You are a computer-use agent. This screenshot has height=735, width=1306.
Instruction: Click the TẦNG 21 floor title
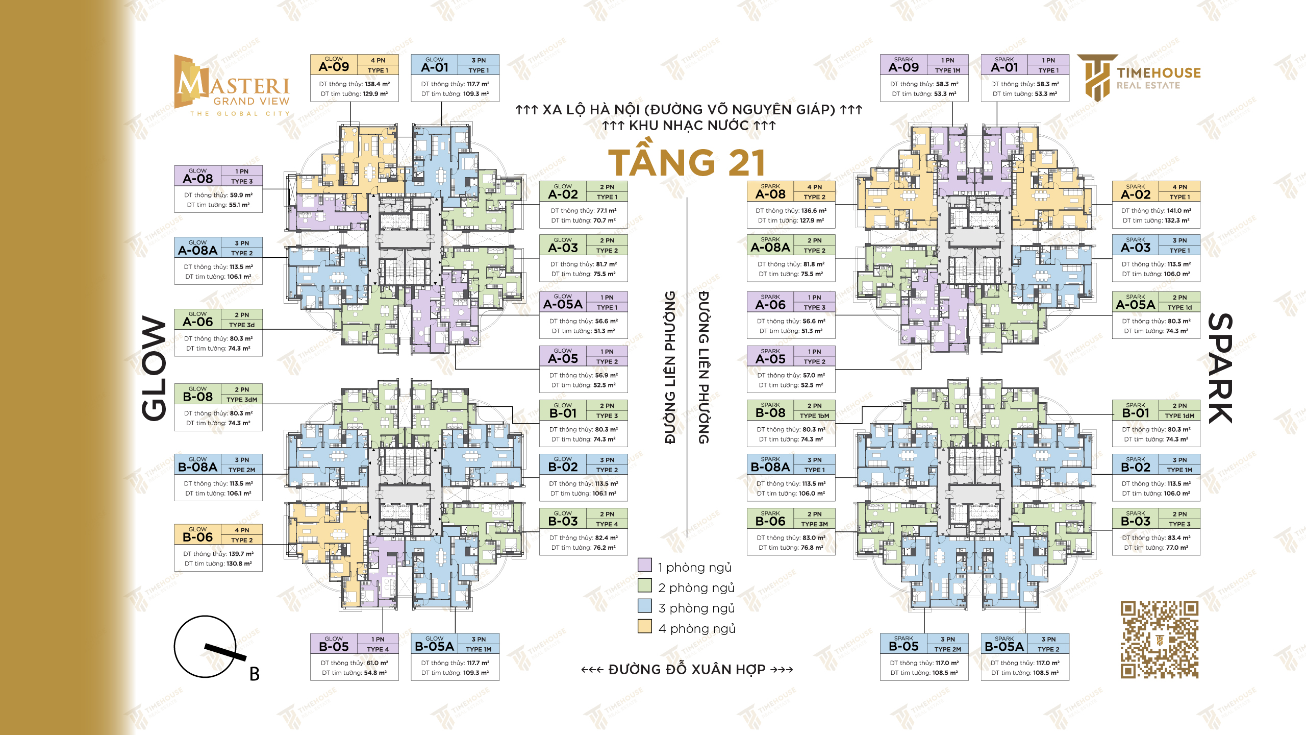(x=687, y=162)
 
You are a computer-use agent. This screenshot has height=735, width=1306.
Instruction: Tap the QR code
(x=1159, y=640)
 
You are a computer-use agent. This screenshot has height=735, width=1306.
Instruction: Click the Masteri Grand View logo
(x=232, y=86)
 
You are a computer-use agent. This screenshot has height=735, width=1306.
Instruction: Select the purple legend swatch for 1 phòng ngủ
(x=645, y=565)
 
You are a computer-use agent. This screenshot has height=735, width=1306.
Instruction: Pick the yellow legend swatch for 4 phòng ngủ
(x=645, y=626)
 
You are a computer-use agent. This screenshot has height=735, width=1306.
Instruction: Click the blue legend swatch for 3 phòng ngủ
(x=645, y=606)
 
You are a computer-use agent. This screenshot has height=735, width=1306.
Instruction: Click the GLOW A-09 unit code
(x=334, y=67)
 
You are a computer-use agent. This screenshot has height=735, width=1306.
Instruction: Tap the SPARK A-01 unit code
(x=1004, y=67)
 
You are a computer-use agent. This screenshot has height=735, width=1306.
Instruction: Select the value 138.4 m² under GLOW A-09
(x=378, y=84)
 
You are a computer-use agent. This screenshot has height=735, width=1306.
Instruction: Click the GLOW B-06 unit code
(x=197, y=537)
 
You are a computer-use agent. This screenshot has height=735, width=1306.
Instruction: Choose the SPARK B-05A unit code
(x=1004, y=647)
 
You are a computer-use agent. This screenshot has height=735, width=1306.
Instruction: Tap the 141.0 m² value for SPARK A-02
(x=1179, y=210)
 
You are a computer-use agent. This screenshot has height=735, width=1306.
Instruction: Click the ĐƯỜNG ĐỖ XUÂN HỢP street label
(x=687, y=669)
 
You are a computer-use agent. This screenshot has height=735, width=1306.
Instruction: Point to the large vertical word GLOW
(x=154, y=369)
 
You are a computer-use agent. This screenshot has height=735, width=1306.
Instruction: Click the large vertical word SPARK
(x=1220, y=369)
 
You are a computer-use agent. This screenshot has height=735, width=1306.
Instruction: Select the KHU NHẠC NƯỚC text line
(x=689, y=126)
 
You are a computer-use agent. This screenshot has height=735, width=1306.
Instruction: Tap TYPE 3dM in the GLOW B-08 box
(x=242, y=400)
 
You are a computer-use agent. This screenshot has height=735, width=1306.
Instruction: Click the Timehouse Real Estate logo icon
(x=1097, y=78)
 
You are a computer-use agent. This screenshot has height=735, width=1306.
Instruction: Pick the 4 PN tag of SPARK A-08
(x=815, y=187)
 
